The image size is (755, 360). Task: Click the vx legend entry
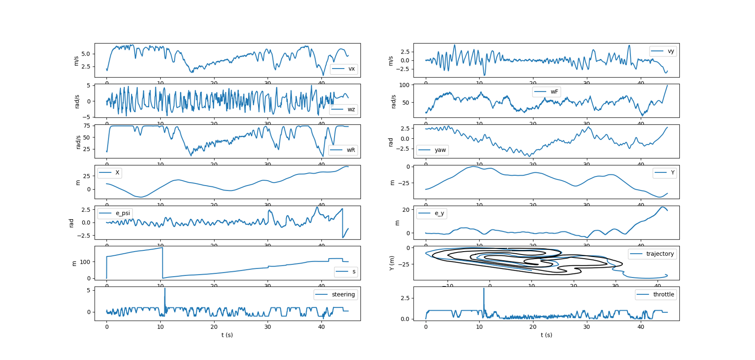(344, 69)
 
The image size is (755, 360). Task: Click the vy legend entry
(663, 51)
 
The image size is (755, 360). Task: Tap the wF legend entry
(546, 92)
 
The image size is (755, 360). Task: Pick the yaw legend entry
(432, 150)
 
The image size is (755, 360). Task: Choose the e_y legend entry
(432, 213)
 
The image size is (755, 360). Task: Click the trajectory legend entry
(652, 254)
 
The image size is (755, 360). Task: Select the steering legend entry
(335, 294)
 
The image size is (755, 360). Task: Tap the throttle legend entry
(656, 294)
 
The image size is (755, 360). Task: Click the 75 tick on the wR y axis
(86, 126)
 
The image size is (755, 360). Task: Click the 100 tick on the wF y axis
(404, 85)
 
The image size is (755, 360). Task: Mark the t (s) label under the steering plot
(227, 335)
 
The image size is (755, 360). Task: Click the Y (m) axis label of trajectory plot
(391, 263)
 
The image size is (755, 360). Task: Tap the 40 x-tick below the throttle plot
(640, 327)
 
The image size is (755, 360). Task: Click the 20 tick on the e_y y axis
(406, 210)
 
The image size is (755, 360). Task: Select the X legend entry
(110, 172)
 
